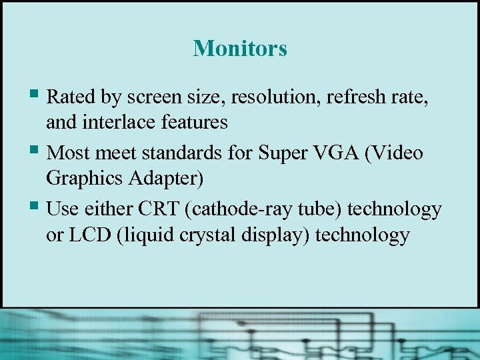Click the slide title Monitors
pos(240,48)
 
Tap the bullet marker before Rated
pos(37,95)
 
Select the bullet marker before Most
pos(37,151)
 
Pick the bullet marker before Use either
pos(37,207)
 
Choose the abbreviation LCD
pos(91,235)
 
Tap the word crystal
pos(200,235)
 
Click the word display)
pos(273,235)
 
